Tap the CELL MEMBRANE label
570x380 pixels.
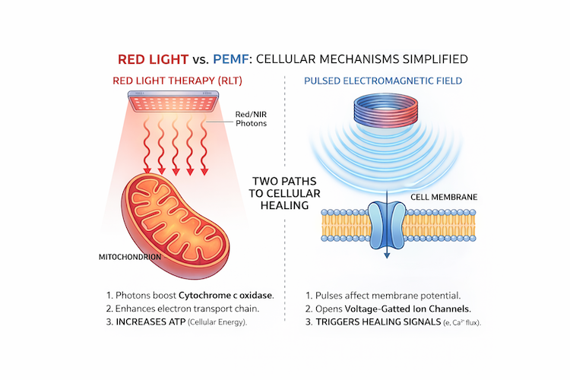(444, 197)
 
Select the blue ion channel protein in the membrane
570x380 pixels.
(387, 223)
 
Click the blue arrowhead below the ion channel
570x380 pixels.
(387, 257)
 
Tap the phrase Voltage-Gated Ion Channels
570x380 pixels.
(407, 308)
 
